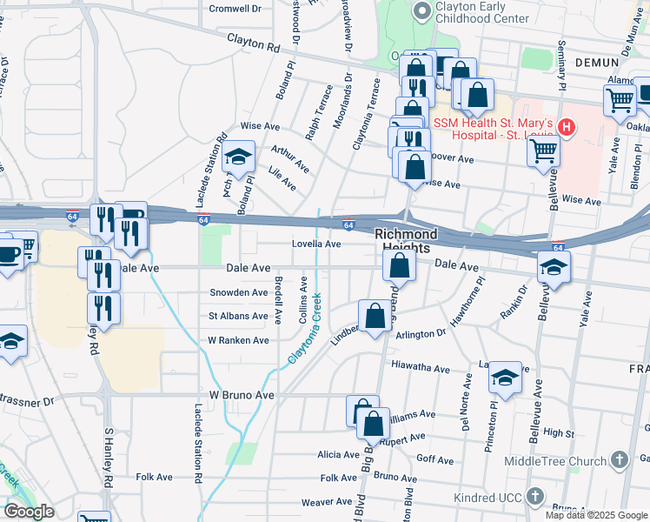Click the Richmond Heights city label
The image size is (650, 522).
[406, 241]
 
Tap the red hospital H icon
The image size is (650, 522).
[567, 128]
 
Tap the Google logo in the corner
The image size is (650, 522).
[29, 512]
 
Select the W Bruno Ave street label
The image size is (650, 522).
[241, 395]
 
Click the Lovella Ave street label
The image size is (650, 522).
[315, 244]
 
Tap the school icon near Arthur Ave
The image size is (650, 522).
[237, 157]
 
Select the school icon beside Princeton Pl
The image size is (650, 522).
[504, 378]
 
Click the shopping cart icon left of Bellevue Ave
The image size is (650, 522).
[543, 151]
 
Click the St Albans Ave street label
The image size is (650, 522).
[238, 316]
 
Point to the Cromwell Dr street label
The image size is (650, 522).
[235, 9]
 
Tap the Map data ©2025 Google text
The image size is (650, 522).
[595, 514]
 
